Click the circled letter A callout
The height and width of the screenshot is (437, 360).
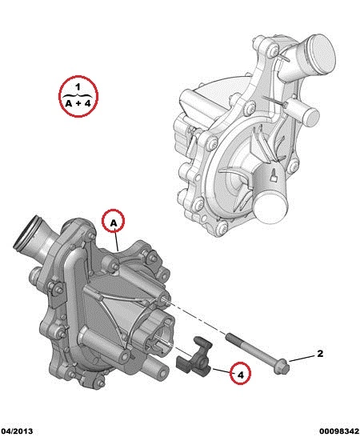pyautogui.click(x=113, y=221)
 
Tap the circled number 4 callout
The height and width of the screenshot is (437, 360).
pyautogui.click(x=240, y=373)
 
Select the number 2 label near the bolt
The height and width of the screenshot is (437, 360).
pyautogui.click(x=320, y=354)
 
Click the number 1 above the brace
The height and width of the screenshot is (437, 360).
pyautogui.click(x=78, y=86)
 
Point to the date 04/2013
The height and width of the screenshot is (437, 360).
pyautogui.click(x=17, y=431)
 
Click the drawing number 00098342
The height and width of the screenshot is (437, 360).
pyautogui.click(x=339, y=431)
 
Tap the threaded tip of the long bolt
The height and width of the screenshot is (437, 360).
pyautogui.click(x=229, y=336)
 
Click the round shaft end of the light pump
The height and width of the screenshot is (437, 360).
pyautogui.click(x=270, y=208)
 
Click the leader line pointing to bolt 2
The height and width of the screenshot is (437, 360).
pyautogui.click(x=302, y=359)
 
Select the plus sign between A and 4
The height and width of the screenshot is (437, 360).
pyautogui.click(x=78, y=103)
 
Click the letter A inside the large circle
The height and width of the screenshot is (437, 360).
pyautogui.click(x=69, y=103)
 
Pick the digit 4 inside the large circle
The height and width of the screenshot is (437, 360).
pyautogui.click(x=88, y=103)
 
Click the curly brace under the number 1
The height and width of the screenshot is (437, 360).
pyautogui.click(x=78, y=95)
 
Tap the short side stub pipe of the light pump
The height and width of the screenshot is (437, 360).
pyautogui.click(x=305, y=112)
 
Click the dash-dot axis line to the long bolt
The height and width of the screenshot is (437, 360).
pyautogui.click(x=195, y=318)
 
